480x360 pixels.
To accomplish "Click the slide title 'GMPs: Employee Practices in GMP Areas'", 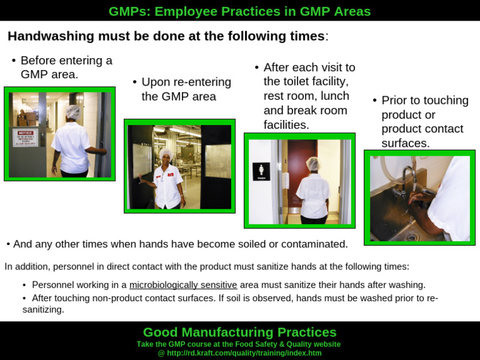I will tap(239, 11).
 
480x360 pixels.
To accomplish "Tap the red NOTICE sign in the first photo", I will tap(26, 137).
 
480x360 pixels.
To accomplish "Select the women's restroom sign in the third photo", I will tap(261, 171).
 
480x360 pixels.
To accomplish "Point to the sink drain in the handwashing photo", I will tap(411, 236).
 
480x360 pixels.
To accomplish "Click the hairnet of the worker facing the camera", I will tap(166, 153).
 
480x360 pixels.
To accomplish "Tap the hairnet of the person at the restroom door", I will tap(312, 164).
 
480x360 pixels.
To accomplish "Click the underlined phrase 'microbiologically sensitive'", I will tap(183, 285).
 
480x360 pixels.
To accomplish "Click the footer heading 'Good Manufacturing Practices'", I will tap(239, 332).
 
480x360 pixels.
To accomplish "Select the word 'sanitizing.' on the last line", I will tap(43, 309).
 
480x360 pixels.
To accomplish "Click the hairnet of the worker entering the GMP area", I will tap(73, 112).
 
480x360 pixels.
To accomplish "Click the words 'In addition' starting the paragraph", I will tap(25, 266).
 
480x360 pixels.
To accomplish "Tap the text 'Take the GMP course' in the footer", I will tap(174, 344).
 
